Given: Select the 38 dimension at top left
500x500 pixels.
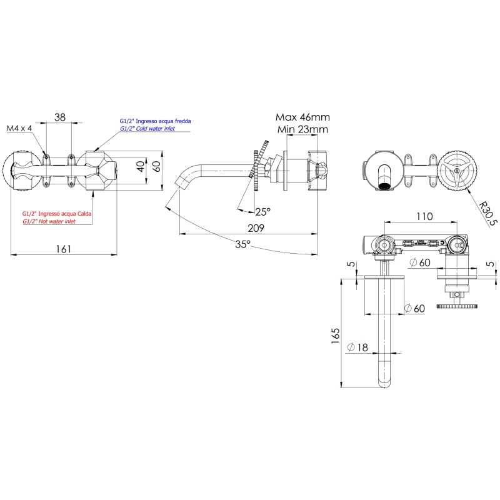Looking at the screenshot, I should [x=60, y=117].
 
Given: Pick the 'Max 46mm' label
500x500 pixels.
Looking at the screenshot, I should [x=302, y=117].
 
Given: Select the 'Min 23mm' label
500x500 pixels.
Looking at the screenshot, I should [x=302, y=129].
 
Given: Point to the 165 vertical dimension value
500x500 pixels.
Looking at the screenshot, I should [x=336, y=336].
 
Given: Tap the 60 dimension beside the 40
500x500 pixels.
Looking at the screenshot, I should [x=157, y=167].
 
